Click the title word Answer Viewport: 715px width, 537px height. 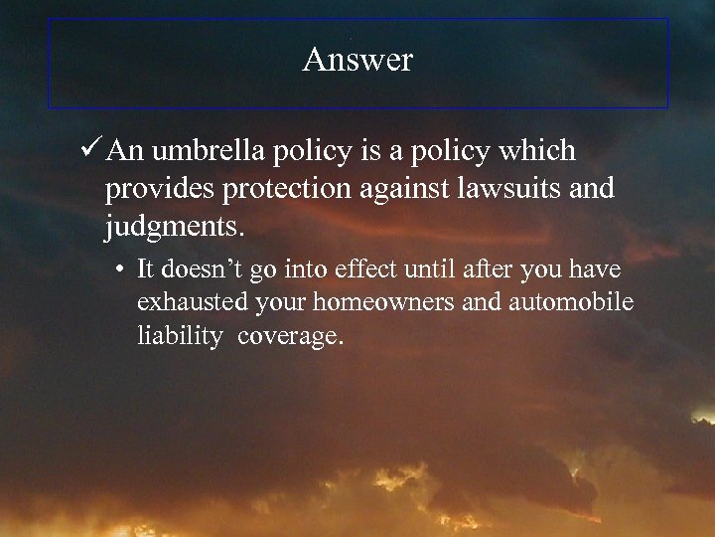[x=357, y=61]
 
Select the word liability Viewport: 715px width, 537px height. [x=180, y=337]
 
